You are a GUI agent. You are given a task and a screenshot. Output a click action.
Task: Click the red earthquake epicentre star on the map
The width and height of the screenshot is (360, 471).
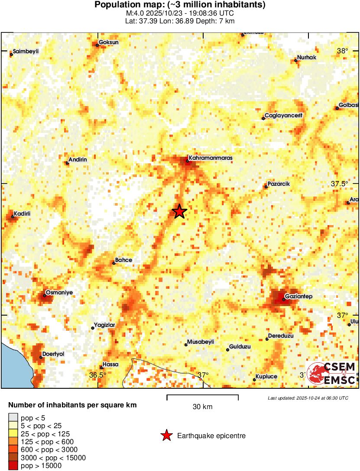pyautogui.click(x=179, y=212)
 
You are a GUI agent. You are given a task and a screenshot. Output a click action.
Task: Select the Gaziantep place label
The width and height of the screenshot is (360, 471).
pyautogui.click(x=299, y=296)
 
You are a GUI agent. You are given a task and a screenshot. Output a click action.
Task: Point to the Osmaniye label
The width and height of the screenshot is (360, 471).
pyautogui.click(x=59, y=293)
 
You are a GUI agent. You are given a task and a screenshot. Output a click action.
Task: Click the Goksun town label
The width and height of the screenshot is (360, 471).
pyautogui.click(x=109, y=42)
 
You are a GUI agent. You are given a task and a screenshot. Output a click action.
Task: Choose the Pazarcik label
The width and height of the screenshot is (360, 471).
pyautogui.click(x=279, y=184)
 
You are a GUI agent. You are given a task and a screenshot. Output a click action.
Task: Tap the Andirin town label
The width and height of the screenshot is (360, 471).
pyautogui.click(x=78, y=159)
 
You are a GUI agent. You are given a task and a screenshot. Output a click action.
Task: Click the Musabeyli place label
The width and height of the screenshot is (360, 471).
pyautogui.click(x=201, y=342)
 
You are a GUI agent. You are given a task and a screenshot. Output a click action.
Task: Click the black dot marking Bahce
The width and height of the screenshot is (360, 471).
pyautogui.click(x=114, y=263)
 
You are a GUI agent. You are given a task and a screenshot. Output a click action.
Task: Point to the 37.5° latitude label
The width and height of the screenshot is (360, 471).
pyautogui.click(x=340, y=184)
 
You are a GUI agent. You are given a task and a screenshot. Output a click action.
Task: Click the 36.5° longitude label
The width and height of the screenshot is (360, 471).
pyautogui.click(x=98, y=374)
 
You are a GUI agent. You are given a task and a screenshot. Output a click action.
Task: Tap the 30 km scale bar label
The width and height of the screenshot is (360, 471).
pyautogui.click(x=202, y=406)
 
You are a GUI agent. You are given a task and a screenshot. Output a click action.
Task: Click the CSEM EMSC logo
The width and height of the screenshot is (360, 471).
pyautogui.click(x=332, y=374)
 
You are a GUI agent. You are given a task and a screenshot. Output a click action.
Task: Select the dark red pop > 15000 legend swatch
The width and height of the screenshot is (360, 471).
pyautogui.click(x=13, y=465)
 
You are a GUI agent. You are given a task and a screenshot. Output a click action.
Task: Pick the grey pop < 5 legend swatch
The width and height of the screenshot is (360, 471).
pyautogui.click(x=13, y=418)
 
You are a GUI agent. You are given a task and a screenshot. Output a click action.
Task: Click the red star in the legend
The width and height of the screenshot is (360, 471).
pyautogui.click(x=166, y=436)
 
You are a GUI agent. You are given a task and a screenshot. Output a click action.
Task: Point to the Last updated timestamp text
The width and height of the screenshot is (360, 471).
pyautogui.click(x=308, y=398)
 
